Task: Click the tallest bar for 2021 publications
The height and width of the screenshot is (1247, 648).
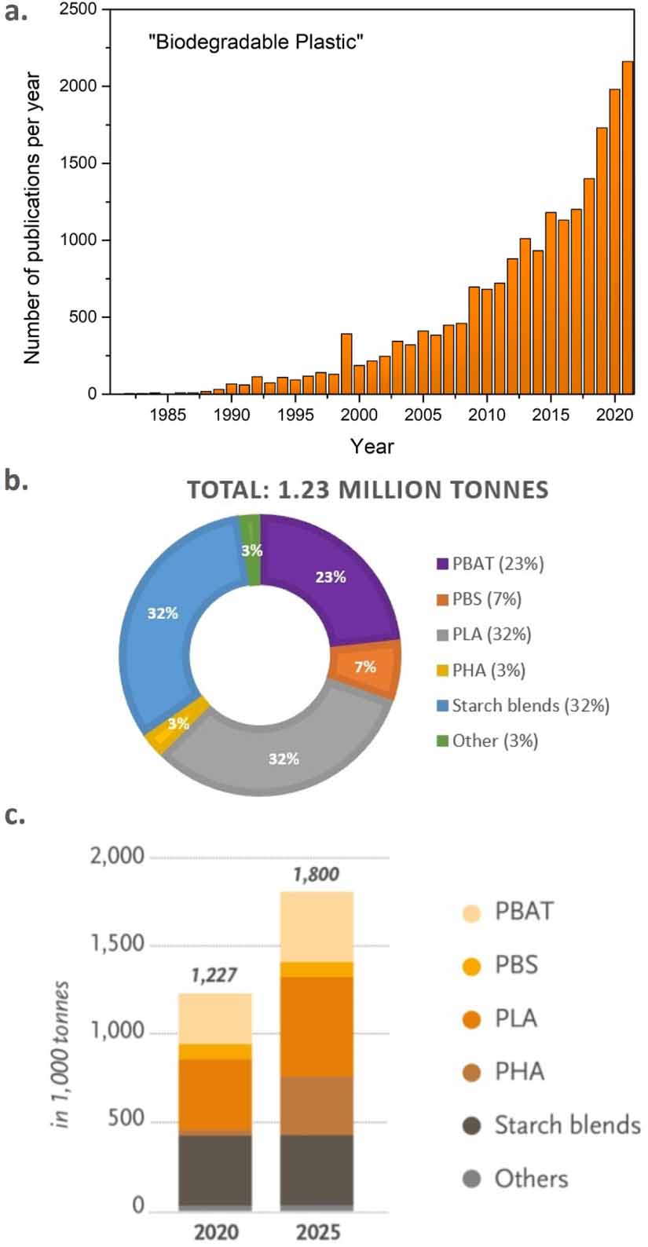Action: [x=628, y=228]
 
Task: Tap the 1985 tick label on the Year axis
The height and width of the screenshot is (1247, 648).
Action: [x=167, y=414]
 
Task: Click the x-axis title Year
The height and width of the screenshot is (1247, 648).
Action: [x=372, y=446]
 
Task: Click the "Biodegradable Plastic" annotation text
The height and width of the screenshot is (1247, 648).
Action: [x=256, y=42]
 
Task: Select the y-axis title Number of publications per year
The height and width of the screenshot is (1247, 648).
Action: [x=31, y=218]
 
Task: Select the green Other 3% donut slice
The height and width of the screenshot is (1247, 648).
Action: [x=251, y=550]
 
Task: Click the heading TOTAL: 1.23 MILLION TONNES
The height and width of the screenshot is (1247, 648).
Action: [x=368, y=490]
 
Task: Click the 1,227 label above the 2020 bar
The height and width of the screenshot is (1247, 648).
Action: [x=214, y=975]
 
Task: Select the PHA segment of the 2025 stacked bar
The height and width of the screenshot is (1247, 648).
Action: [x=317, y=1106]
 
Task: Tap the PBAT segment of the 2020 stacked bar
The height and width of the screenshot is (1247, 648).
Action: [x=214, y=1018]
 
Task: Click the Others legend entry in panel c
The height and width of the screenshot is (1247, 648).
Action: [x=531, y=1179]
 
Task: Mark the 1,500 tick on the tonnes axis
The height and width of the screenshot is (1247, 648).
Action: [x=118, y=943]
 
